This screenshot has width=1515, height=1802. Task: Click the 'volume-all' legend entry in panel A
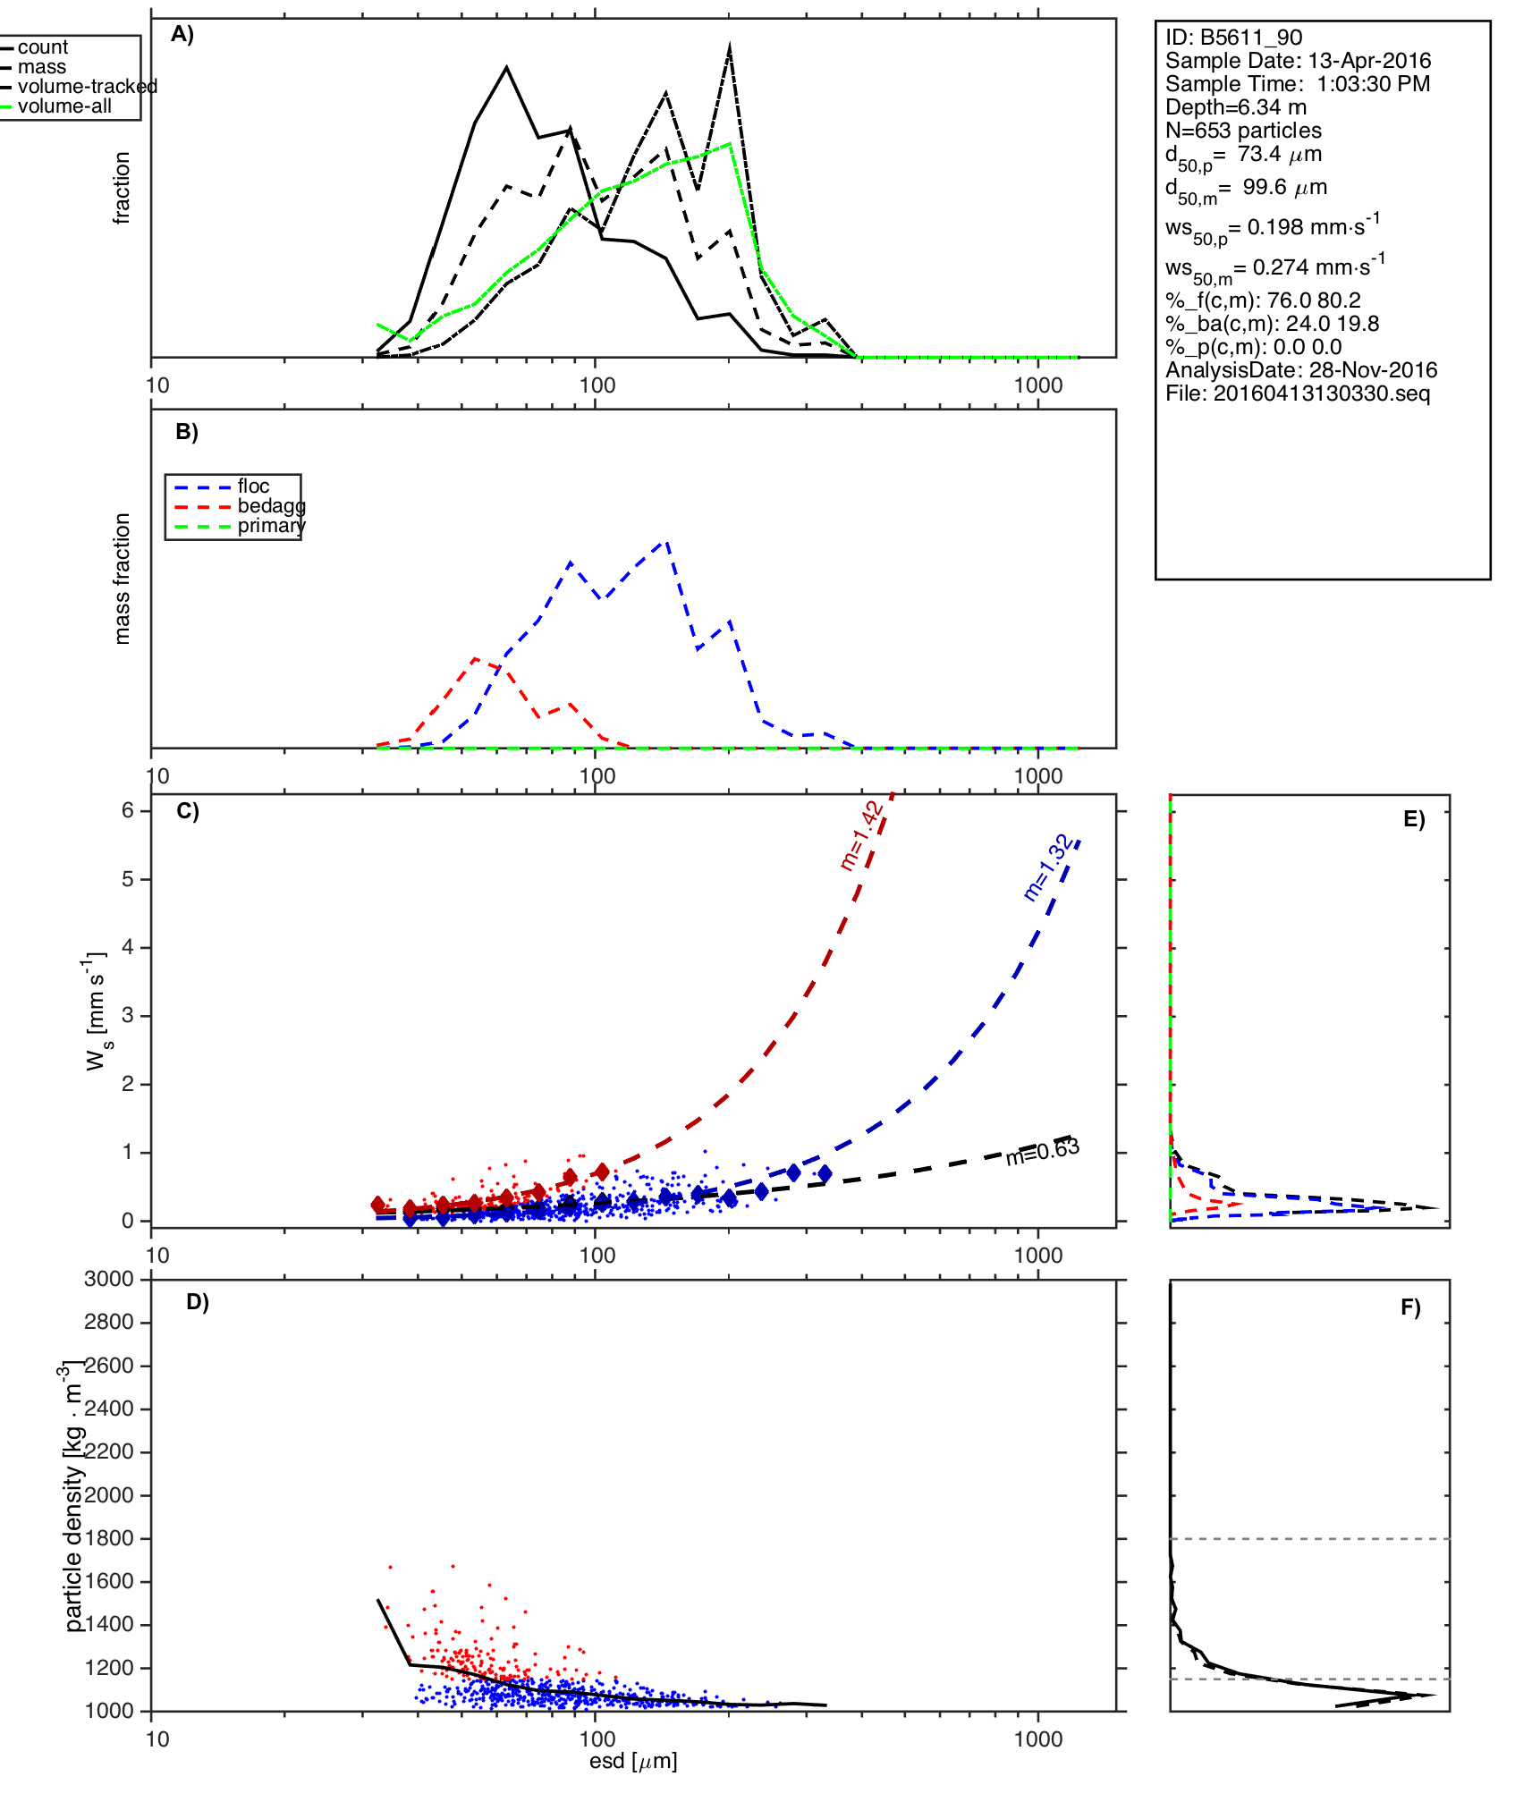pyautogui.click(x=64, y=106)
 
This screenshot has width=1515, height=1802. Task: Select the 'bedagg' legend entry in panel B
pyautogui.click(x=271, y=506)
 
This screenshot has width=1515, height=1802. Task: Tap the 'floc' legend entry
pyautogui.click(x=253, y=486)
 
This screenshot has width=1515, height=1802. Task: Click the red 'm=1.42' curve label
pyautogui.click(x=862, y=836)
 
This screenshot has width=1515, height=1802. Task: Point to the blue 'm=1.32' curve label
pyautogui.click(x=1046, y=867)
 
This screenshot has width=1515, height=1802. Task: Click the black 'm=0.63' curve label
pyautogui.click(x=1042, y=1152)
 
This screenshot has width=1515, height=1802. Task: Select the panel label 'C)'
pyautogui.click(x=188, y=811)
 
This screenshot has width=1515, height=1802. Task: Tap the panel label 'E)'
pyautogui.click(x=1414, y=820)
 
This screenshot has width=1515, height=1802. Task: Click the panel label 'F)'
pyautogui.click(x=1410, y=1307)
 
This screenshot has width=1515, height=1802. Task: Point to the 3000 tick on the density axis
pyautogui.click(x=108, y=1279)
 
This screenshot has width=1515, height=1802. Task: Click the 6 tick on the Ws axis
pyautogui.click(x=128, y=810)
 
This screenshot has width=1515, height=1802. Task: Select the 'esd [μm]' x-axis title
pyautogui.click(x=633, y=1762)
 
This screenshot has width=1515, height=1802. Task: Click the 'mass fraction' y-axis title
pyautogui.click(x=123, y=579)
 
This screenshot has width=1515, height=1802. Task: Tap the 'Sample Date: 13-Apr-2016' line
pyautogui.click(x=1298, y=61)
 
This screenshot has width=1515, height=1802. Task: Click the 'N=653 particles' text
pyautogui.click(x=1243, y=131)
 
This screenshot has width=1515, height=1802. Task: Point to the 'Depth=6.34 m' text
pyautogui.click(x=1236, y=107)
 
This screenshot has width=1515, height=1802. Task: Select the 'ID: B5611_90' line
pyautogui.click(x=1233, y=38)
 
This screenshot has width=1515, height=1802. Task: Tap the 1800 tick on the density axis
pyautogui.click(x=108, y=1538)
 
